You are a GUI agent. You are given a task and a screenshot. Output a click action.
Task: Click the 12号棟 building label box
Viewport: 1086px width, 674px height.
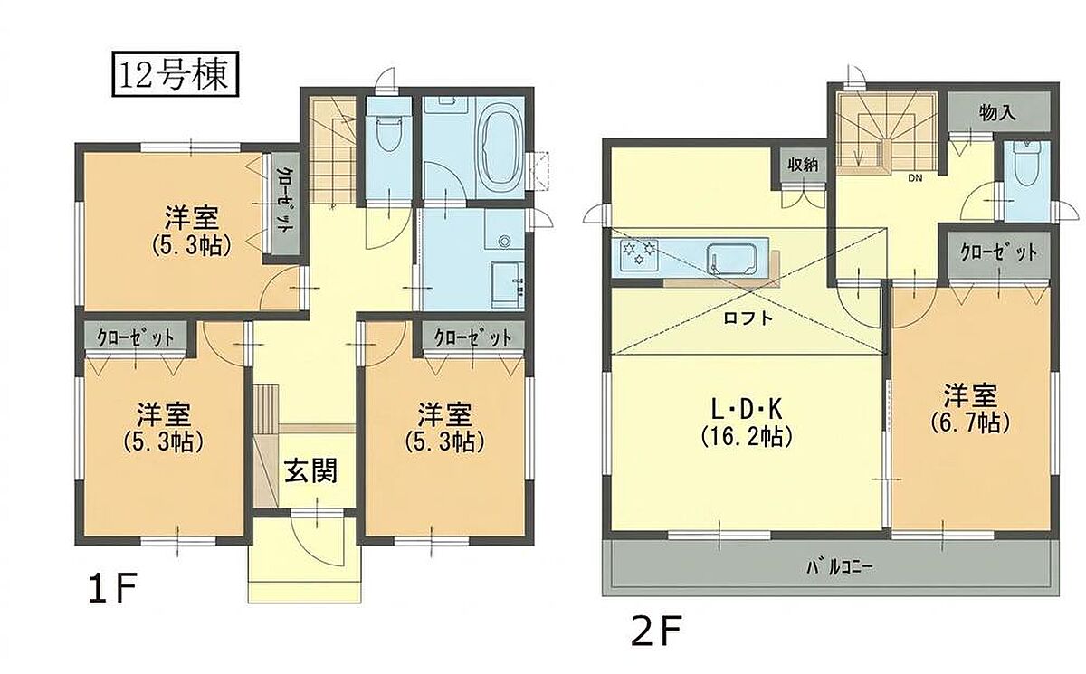pyautogui.click(x=176, y=73)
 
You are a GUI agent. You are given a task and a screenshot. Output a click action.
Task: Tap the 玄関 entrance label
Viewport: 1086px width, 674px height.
pyautogui.click(x=310, y=470)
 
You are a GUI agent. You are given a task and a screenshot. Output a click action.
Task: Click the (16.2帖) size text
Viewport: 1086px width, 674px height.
pyautogui.click(x=747, y=438)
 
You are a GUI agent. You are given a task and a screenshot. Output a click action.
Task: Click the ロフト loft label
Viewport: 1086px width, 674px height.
pyautogui.click(x=748, y=318)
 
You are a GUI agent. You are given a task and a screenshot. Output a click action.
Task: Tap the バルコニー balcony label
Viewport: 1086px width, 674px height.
pyautogui.click(x=839, y=567)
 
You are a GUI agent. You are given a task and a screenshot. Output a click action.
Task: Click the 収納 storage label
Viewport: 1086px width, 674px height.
pyautogui.click(x=803, y=165)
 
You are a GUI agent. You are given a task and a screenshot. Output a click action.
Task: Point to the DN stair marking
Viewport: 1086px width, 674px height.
pyautogui.click(x=915, y=178)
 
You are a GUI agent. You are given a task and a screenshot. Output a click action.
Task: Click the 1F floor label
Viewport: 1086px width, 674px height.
pyautogui.click(x=113, y=587)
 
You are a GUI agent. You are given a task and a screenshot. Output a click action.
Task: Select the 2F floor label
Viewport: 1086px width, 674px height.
pyautogui.click(x=656, y=630)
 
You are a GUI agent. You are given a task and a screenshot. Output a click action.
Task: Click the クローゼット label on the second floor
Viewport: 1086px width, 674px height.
pyautogui.click(x=999, y=253)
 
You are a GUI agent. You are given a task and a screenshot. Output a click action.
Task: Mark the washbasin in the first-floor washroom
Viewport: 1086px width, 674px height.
pyautogui.click(x=507, y=287)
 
